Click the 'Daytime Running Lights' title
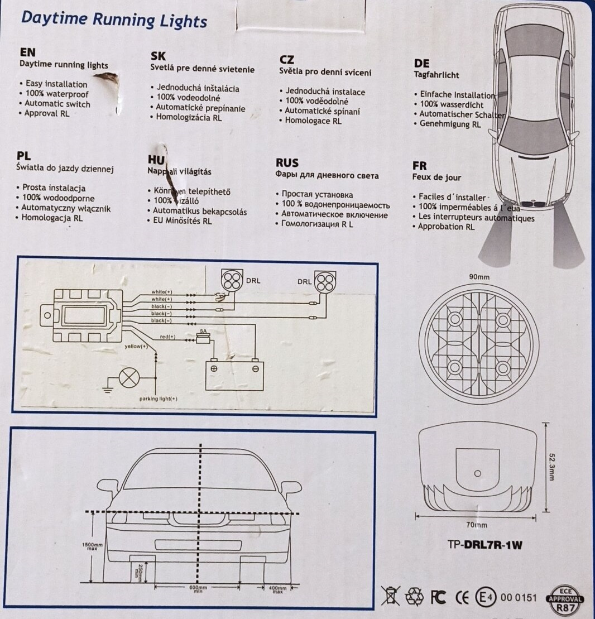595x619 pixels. [114, 20]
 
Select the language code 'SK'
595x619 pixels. [159, 56]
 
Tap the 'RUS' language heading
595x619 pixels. [287, 163]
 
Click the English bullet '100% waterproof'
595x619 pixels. [54, 94]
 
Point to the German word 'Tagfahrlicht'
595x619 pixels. [436, 75]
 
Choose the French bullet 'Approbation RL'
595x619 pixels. [446, 227]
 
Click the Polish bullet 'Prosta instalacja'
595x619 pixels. [54, 188]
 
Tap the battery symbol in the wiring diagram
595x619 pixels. [235, 375]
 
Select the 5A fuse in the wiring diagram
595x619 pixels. [204, 338]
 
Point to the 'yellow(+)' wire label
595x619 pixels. [136, 347]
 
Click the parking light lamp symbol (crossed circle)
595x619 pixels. [129, 378]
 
